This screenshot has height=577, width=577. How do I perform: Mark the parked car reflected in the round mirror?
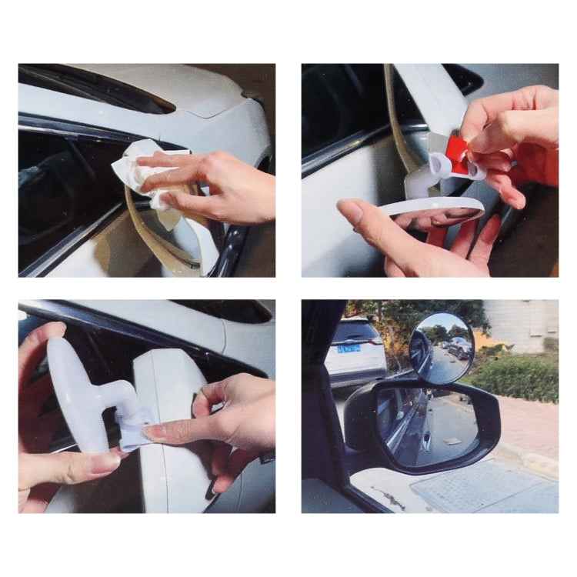click(460, 348)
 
